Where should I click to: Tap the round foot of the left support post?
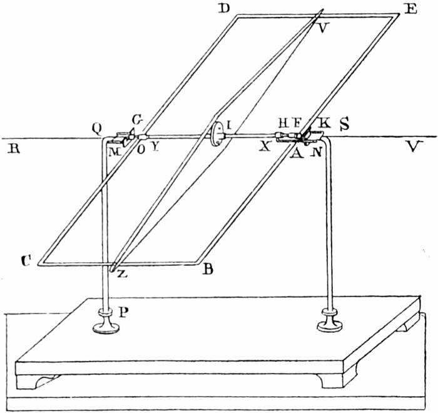click(x=107, y=325)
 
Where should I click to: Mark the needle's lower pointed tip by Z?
click(x=111, y=271)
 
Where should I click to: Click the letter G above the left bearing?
click(x=137, y=120)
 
